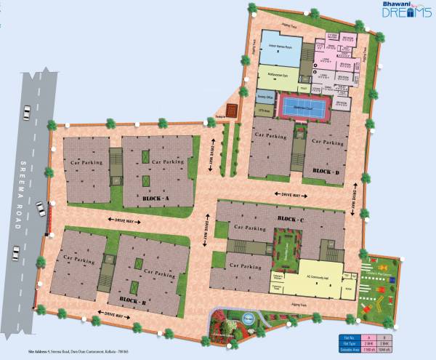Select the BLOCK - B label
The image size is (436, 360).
pyautogui.click(x=134, y=300)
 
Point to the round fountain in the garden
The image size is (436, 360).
pyautogui.click(x=246, y=317)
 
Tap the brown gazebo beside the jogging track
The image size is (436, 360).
pyautogui.click(x=231, y=111)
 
